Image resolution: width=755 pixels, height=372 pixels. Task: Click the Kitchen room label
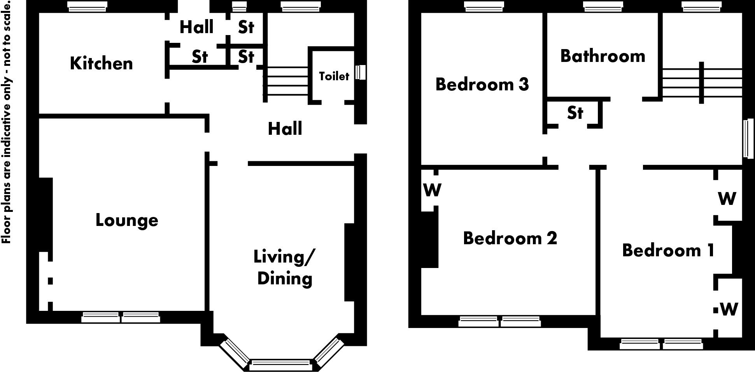click(101, 63)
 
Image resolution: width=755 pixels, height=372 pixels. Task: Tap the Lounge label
click(127, 220)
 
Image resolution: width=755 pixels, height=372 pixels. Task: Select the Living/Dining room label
click(284, 268)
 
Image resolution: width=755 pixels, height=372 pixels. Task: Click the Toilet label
click(334, 76)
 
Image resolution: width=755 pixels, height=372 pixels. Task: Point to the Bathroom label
click(603, 56)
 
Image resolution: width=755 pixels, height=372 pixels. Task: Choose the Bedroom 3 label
click(482, 84)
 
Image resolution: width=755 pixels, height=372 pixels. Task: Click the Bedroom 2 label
click(510, 238)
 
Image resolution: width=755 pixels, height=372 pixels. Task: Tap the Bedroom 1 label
click(668, 250)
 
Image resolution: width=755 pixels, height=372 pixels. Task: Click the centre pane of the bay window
click(280, 365)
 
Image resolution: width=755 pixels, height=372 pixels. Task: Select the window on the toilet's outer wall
click(361, 72)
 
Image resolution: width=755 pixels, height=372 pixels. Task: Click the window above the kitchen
click(87, 7)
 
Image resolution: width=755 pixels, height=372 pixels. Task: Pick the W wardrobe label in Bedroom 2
click(432, 190)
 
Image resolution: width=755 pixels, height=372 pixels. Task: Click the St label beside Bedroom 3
click(575, 113)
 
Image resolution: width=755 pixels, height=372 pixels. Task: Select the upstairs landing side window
click(748, 139)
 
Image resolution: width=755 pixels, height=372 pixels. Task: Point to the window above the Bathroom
click(603, 7)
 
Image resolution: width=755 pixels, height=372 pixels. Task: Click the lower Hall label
click(285, 129)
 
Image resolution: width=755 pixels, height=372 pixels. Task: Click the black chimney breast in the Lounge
click(46, 214)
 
